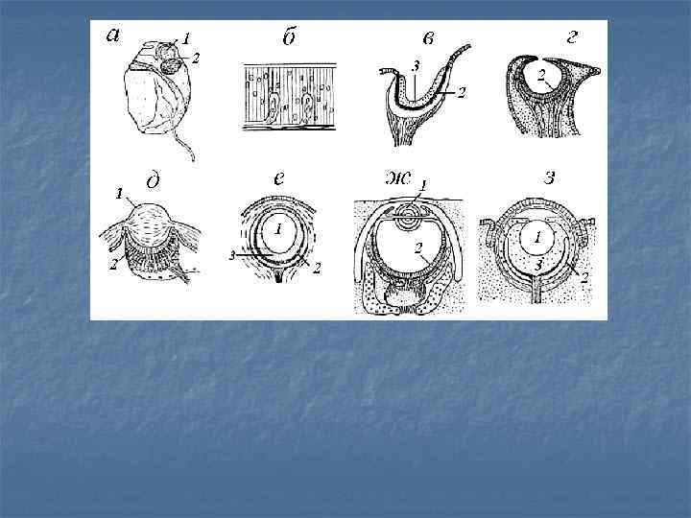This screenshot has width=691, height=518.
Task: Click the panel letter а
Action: point(113,35)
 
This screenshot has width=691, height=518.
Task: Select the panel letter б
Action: point(289,37)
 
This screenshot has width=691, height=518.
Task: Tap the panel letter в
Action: point(428,38)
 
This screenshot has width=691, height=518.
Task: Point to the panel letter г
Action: point(572,37)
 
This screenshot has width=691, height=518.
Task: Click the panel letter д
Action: point(153,180)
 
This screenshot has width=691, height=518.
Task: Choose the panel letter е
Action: point(278,178)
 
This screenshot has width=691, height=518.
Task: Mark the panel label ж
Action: point(398,178)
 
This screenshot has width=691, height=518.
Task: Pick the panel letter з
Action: point(550,178)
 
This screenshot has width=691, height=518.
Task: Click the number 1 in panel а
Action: point(185,38)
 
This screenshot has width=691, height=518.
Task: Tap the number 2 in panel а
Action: point(196,58)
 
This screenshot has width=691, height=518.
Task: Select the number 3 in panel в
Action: point(416,66)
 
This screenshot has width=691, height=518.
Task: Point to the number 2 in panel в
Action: point(462,92)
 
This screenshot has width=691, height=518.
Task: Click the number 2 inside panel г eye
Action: point(540,76)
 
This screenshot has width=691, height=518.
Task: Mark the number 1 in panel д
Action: point(119,194)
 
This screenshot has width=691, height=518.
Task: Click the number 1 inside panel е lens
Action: point(277,228)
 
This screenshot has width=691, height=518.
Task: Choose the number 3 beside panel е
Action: point(232,255)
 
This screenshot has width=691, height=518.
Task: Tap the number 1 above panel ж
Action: point(422,184)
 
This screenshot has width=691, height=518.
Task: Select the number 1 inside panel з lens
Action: point(536,238)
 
